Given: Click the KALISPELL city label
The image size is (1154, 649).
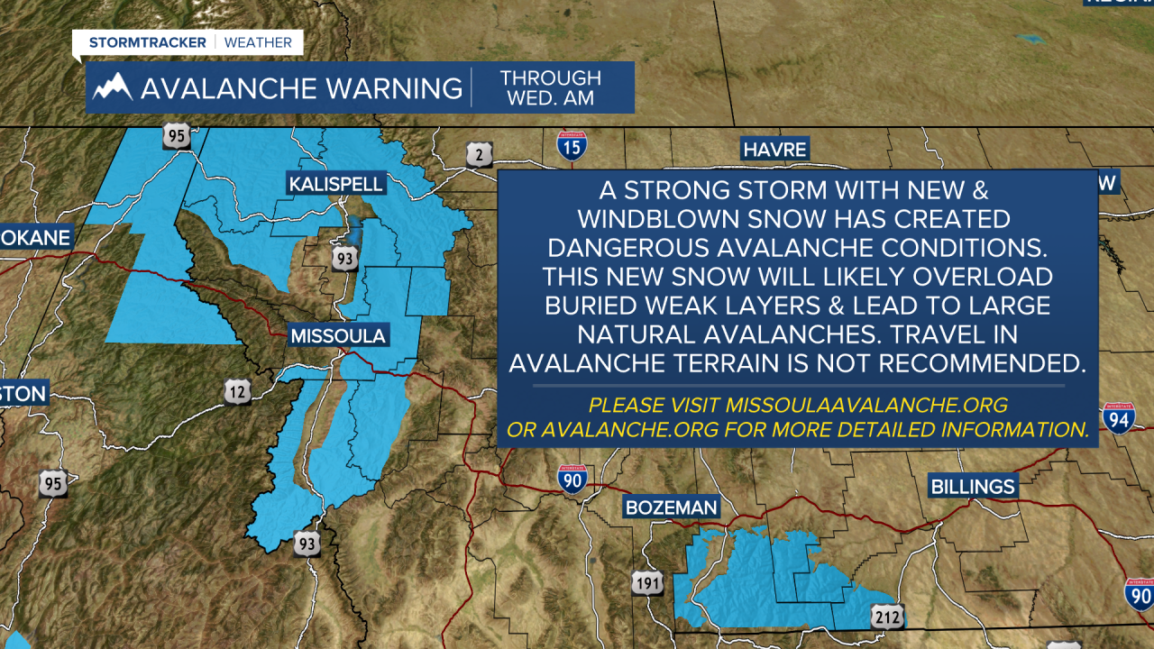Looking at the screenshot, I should coord(336,184).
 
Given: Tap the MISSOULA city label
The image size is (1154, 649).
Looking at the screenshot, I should coord(338,336).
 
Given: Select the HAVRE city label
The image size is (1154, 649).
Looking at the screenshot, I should coord(774,149).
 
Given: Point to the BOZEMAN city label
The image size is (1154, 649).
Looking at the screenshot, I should coord(672,507).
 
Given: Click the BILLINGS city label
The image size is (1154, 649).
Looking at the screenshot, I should coord(973,487).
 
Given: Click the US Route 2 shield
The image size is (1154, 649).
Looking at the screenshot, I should coord(480,154).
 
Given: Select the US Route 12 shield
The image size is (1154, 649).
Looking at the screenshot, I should coord(238,392).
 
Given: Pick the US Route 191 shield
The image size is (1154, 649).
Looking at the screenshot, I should coord(647,581).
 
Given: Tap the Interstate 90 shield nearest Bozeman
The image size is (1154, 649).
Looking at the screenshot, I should coord(572,480).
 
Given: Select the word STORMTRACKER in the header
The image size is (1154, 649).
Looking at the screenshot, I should coord(147,42).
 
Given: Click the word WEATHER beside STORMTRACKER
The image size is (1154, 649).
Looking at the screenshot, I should coord(258,42).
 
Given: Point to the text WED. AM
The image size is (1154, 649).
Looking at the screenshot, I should coord(550,98).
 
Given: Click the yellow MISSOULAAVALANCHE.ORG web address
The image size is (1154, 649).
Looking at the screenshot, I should coord(853,405).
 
